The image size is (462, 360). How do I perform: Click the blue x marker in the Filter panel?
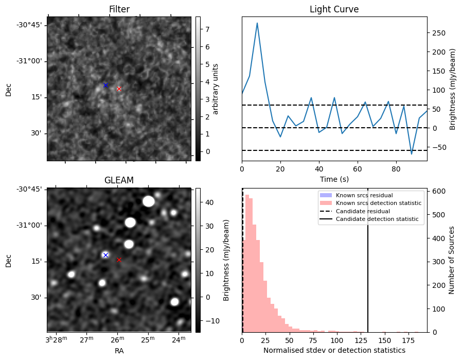pyautogui.click(x=105, y=85)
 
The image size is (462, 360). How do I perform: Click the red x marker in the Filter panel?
pyautogui.click(x=119, y=89)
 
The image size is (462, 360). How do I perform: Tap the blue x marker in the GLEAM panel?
pyautogui.click(x=105, y=255)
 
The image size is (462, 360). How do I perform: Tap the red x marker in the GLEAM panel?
pyautogui.click(x=119, y=260)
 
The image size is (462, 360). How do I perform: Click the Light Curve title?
pyautogui.click(x=334, y=9)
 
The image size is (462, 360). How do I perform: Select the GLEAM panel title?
pyautogui.click(x=119, y=180)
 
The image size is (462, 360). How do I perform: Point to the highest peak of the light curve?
pyautogui.click(x=257, y=23)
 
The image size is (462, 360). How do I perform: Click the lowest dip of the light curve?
pyautogui.click(x=412, y=154)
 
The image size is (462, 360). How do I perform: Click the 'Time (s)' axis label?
pyautogui.click(x=334, y=178)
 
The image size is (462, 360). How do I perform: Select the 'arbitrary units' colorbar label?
pyautogui.click(x=216, y=89)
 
